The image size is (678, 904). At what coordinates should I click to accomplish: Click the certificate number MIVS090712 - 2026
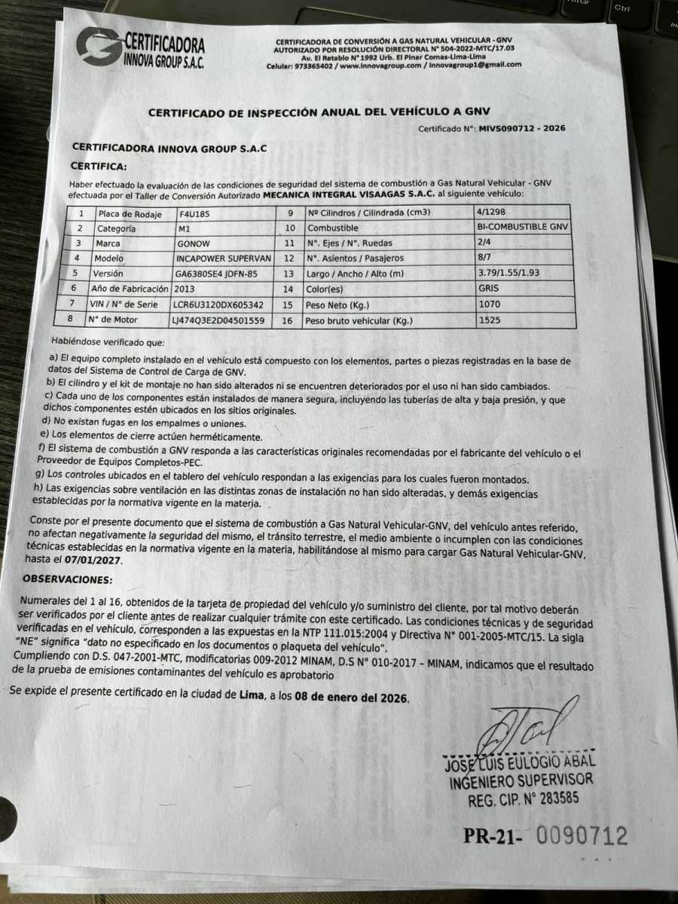click(x=521, y=129)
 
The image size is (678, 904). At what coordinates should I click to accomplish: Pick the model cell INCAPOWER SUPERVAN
click(x=220, y=258)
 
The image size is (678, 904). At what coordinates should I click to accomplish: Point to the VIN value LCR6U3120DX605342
click(x=218, y=304)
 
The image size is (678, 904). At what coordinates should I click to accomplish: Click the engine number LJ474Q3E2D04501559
click(x=218, y=320)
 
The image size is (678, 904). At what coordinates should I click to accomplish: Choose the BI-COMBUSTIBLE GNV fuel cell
click(x=524, y=227)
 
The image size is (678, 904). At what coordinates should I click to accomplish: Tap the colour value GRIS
click(x=489, y=288)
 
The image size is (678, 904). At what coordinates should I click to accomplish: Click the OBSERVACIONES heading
click(x=67, y=580)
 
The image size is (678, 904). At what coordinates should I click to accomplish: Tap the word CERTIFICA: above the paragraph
click(x=99, y=166)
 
